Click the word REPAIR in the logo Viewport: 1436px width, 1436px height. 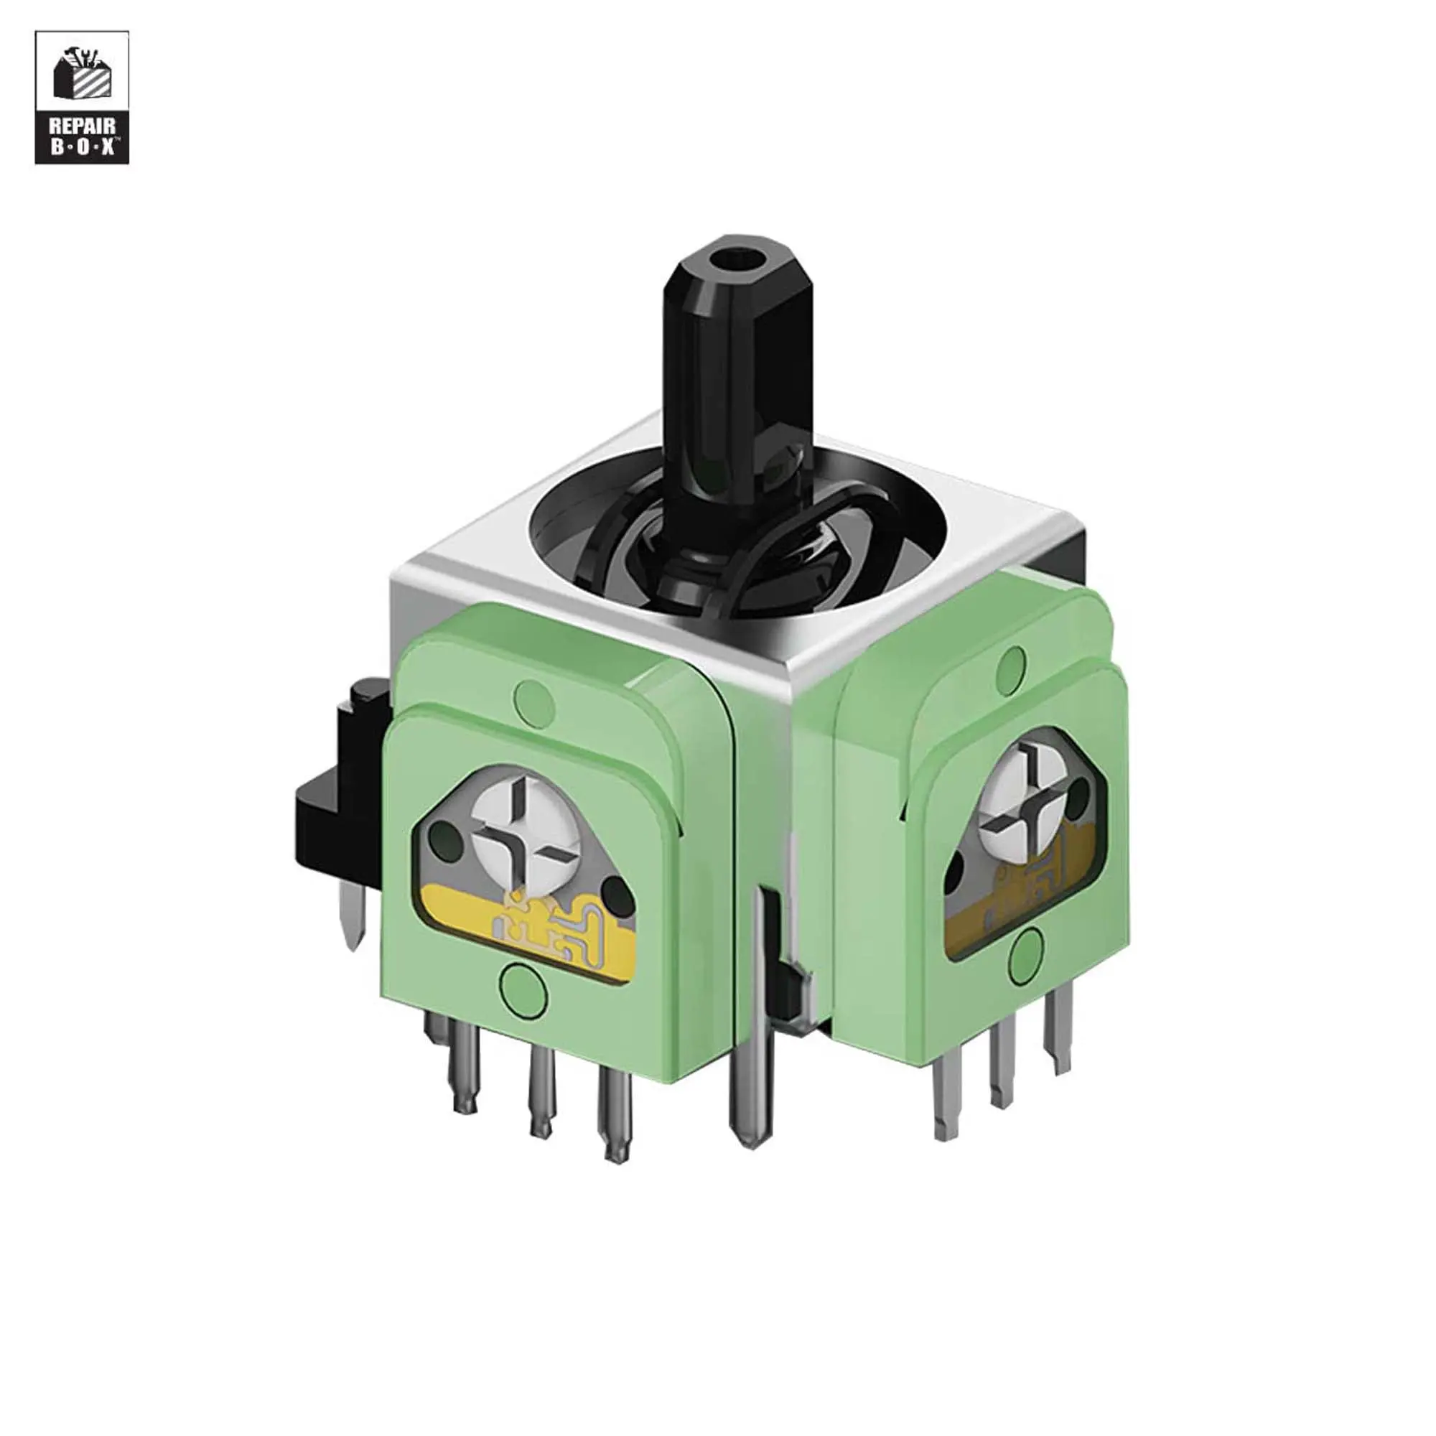tap(82, 126)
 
